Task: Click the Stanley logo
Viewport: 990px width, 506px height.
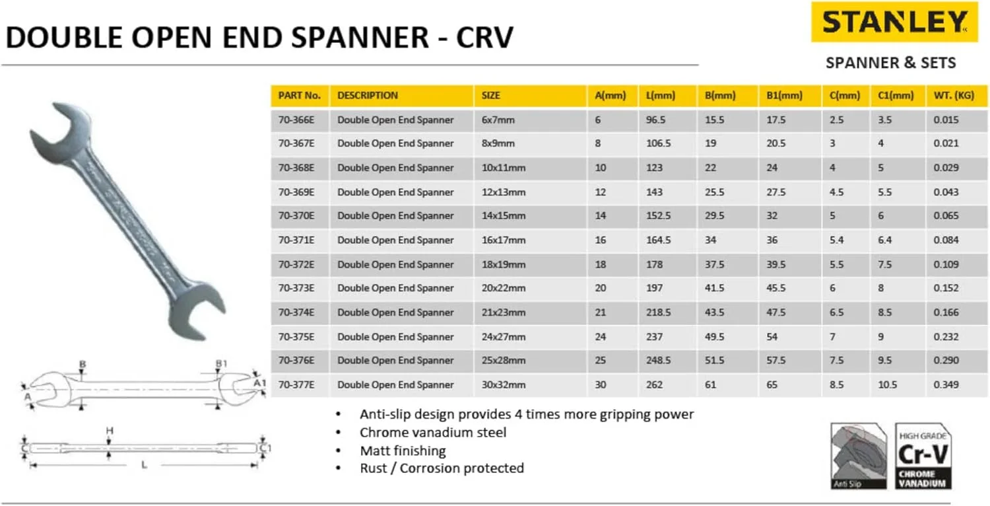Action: [x=894, y=23]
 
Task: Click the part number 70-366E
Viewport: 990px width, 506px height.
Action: [x=296, y=120]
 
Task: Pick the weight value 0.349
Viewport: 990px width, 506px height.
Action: [x=946, y=384]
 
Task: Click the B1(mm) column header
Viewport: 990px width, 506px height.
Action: [x=784, y=95]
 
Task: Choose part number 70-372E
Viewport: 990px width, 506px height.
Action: [x=296, y=264]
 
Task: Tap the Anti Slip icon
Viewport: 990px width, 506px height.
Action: [x=858, y=456]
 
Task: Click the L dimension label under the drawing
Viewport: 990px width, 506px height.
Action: [x=143, y=465]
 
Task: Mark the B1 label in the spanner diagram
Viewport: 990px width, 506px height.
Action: [x=221, y=364]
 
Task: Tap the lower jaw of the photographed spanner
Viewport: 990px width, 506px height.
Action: [x=198, y=310]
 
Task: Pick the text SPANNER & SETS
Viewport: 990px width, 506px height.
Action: [x=890, y=63]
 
